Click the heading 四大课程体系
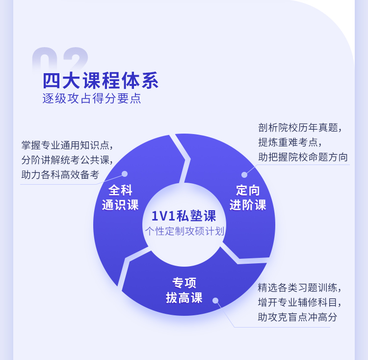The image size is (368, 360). (x=101, y=81)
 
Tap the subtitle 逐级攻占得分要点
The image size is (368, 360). (x=92, y=98)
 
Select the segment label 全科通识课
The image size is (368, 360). (x=120, y=197)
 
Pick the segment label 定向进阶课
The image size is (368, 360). (x=248, y=197)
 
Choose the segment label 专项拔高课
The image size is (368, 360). (x=184, y=290)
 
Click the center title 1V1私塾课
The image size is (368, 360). (x=184, y=216)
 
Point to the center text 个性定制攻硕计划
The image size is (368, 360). (x=184, y=231)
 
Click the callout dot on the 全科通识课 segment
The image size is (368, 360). (x=125, y=174)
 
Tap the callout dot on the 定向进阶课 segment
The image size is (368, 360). (x=244, y=175)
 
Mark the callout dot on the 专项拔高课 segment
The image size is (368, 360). (x=215, y=301)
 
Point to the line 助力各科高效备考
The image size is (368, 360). (x=60, y=175)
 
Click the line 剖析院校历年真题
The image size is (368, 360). (x=300, y=128)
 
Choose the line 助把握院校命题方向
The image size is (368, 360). (x=303, y=157)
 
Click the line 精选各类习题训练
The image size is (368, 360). (x=300, y=287)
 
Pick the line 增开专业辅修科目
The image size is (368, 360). (x=300, y=302)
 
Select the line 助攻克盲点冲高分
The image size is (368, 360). (x=298, y=317)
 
